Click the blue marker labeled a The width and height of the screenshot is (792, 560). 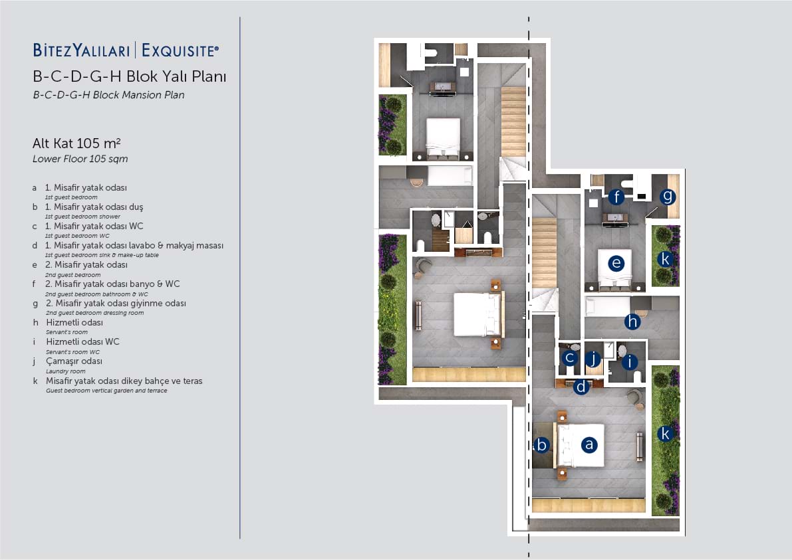pos(589,444)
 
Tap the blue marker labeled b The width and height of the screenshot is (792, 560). pos(542,444)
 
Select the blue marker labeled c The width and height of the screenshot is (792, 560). pos(570,357)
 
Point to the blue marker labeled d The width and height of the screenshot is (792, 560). pos(581,387)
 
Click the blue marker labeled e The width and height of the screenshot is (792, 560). pos(616,263)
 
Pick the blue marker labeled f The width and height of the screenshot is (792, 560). pos(616,196)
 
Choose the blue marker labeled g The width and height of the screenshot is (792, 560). pos(668,196)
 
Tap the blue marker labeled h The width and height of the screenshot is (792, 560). pos(632,322)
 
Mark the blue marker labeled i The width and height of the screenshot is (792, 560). pos(629,361)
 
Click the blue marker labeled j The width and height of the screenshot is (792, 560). pos(593,359)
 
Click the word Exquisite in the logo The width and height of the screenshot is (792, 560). pos(180,50)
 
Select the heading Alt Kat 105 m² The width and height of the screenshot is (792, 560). pos(76,143)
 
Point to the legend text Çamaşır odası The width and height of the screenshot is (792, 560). pos(74,361)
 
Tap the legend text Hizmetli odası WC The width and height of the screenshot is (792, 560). pos(83,341)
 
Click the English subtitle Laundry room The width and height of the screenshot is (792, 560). pos(66,371)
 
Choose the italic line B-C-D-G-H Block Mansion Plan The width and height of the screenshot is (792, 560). pos(108,95)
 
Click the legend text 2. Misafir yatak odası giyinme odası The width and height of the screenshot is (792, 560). pos(116,303)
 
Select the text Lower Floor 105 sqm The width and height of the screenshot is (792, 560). pos(80,159)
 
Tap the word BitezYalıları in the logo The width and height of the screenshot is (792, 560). pos(81,50)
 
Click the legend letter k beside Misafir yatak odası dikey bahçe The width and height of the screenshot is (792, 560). pos(35,381)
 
